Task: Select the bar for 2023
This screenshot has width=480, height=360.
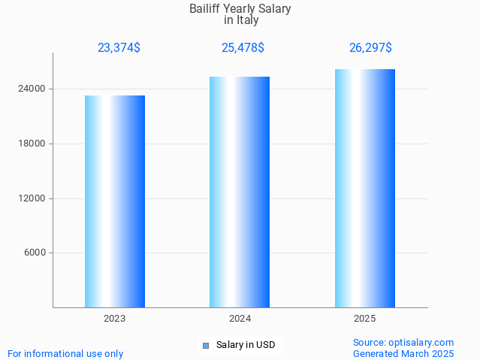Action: pyautogui.click(x=115, y=201)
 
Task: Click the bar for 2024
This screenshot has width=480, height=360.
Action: pyautogui.click(x=240, y=192)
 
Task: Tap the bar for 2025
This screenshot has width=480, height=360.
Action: pyautogui.click(x=365, y=188)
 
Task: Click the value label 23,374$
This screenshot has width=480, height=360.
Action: pyautogui.click(x=119, y=48)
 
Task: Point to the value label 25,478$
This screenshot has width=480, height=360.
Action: pyautogui.click(x=243, y=48)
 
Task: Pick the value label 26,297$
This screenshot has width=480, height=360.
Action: pyautogui.click(x=370, y=48)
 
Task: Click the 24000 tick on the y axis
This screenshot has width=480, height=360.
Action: pyautogui.click(x=32, y=89)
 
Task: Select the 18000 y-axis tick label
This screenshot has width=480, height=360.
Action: pyautogui.click(x=32, y=144)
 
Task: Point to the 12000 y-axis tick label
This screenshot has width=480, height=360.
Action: pyautogui.click(x=32, y=198)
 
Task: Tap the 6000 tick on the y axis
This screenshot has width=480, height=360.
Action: pyautogui.click(x=35, y=253)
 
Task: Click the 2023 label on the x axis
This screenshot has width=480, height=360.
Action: pyautogui.click(x=115, y=319)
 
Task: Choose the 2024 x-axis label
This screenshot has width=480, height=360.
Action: pyautogui.click(x=240, y=319)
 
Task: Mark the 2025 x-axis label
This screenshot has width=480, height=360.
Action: pyautogui.click(x=365, y=319)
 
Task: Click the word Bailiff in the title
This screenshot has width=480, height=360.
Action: pyautogui.click(x=206, y=9)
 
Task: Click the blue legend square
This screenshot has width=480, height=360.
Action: pyautogui.click(x=205, y=346)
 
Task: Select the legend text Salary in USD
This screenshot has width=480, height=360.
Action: pyautogui.click(x=246, y=346)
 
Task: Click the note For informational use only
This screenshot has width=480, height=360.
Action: pyautogui.click(x=65, y=353)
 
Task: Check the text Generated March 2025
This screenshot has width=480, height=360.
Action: pyautogui.click(x=403, y=353)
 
